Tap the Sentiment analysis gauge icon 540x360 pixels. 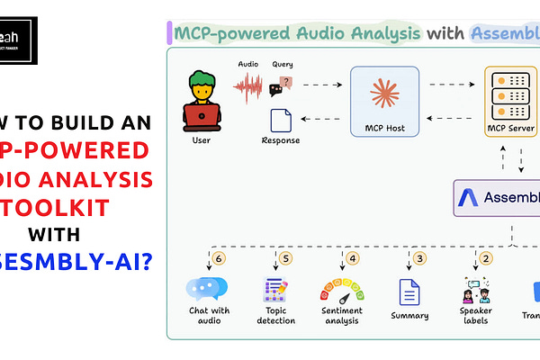pos(342,291)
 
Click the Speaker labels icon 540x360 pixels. pos(477,291)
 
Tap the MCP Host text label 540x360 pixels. pos(386,128)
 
